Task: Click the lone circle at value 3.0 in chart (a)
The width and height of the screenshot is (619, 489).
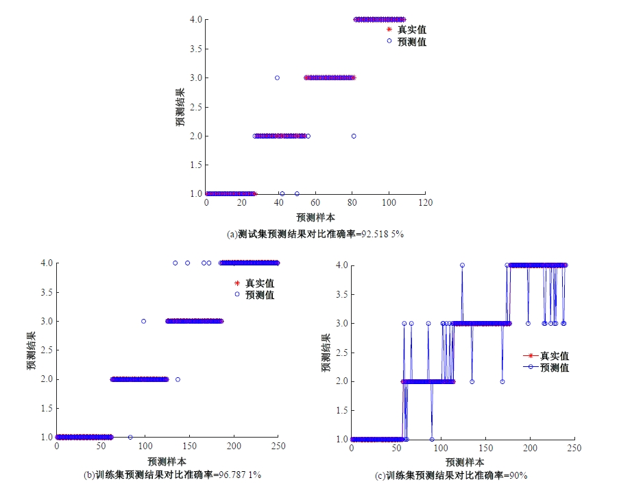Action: pos(277,77)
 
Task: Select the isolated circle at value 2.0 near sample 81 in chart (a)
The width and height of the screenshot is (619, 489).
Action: pos(354,136)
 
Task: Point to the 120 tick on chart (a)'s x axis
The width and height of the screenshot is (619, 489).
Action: pos(425,203)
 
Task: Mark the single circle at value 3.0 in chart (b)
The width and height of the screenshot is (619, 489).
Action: pos(143,321)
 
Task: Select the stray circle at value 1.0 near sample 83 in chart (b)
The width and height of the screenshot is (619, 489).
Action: pos(130,437)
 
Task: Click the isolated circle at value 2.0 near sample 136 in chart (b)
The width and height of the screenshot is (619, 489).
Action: pos(178,379)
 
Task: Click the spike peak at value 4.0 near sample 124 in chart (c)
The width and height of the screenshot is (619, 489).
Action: pos(462,265)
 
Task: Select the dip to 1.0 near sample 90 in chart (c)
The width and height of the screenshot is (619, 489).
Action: pos(432,439)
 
